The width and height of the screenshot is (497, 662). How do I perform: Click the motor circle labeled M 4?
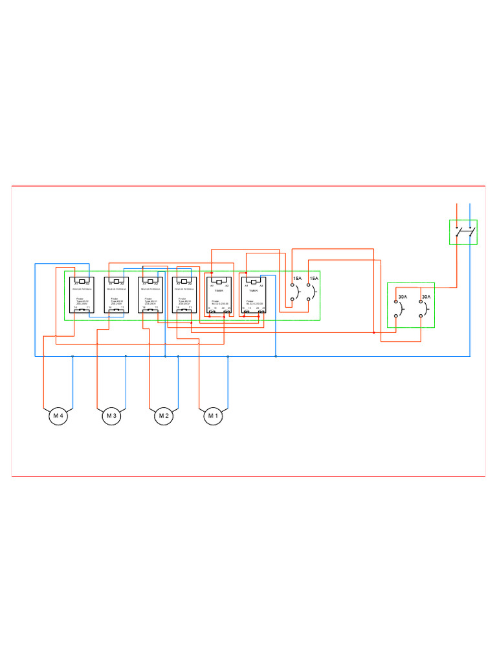tap(58, 416)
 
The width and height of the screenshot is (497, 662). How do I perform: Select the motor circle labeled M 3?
tap(111, 416)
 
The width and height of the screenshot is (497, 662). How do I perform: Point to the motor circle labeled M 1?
tap(213, 416)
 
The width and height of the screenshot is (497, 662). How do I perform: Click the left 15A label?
tap(297, 278)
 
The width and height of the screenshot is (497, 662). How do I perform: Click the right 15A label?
tap(314, 278)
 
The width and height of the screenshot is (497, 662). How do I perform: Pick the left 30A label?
tap(402, 297)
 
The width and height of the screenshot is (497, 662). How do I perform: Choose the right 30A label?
tap(425, 297)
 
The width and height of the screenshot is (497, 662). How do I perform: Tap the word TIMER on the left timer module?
tap(219, 291)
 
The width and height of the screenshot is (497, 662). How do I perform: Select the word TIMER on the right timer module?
tap(253, 291)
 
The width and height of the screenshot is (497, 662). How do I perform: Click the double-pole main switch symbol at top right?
tap(464, 231)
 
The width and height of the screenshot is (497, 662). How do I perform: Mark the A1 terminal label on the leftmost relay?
tap(76, 284)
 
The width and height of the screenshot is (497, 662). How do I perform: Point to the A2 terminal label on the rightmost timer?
tap(261, 285)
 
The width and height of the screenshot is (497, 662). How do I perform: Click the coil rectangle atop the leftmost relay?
tap(82, 281)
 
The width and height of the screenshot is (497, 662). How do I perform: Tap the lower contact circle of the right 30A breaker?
tap(421, 315)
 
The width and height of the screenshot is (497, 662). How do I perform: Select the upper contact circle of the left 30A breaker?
tap(396, 303)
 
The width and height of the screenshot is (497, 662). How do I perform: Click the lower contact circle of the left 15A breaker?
tap(293, 300)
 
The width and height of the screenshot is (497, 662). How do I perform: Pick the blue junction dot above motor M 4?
tap(72, 356)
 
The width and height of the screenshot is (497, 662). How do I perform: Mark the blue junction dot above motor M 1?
tap(228, 356)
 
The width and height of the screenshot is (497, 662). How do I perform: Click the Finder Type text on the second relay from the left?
tap(116, 301)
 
